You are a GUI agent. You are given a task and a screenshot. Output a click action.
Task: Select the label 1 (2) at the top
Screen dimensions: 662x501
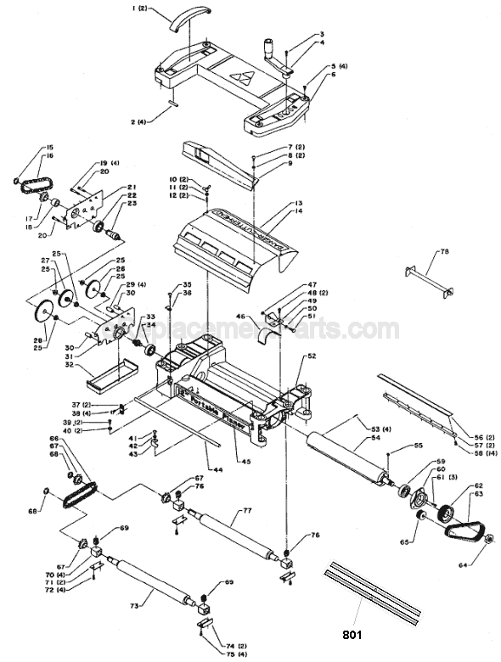tap(140, 8)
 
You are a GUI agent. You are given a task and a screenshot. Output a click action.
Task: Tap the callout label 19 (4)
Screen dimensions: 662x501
tap(108, 162)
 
